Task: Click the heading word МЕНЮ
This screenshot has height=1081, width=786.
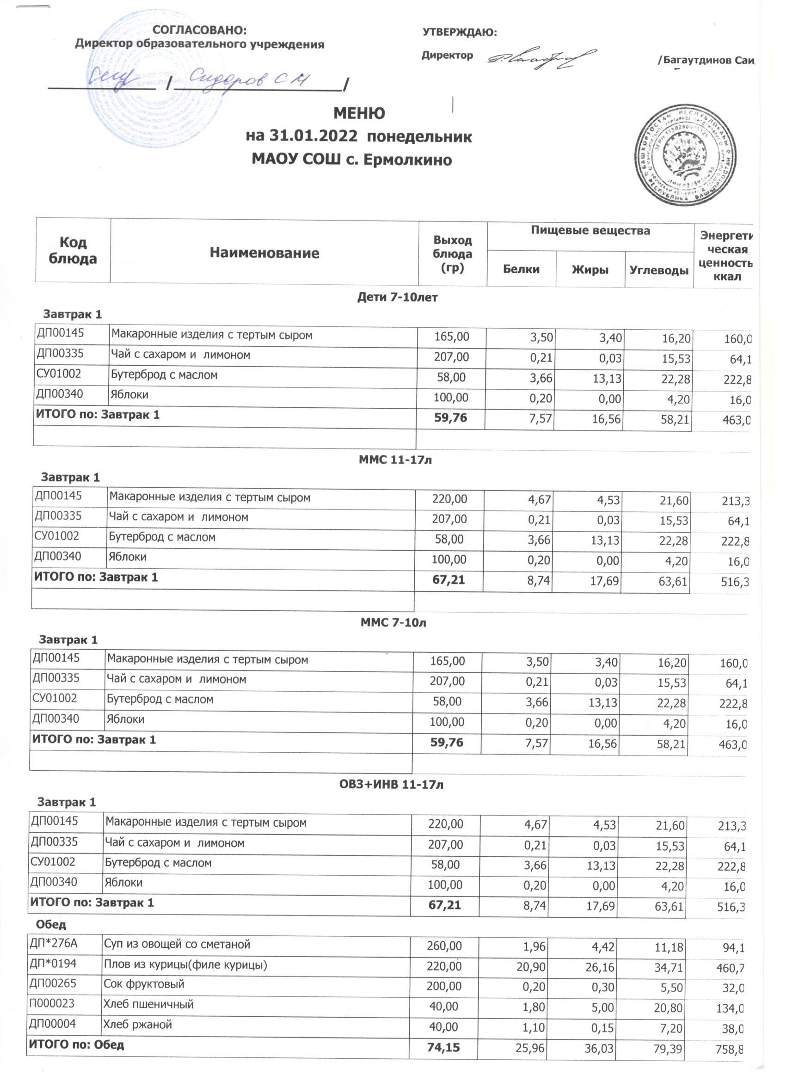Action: [x=359, y=113]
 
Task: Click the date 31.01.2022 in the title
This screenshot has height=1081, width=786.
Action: [x=313, y=136]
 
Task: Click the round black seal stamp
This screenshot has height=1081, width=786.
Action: [x=687, y=155]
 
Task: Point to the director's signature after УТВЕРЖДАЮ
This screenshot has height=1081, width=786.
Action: [x=541, y=59]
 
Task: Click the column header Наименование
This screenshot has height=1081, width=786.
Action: [x=264, y=252]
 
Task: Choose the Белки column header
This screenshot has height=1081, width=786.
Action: [x=521, y=269]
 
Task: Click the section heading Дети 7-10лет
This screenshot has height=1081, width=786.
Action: [x=397, y=297]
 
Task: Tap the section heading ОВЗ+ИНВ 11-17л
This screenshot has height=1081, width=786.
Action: [x=391, y=785]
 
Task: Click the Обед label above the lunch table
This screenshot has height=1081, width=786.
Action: [x=51, y=925]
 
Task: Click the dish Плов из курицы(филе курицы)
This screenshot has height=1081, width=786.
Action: [x=185, y=964]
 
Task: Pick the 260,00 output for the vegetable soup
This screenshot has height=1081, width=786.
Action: [x=444, y=946]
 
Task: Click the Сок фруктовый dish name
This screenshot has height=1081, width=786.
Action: [x=144, y=984]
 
